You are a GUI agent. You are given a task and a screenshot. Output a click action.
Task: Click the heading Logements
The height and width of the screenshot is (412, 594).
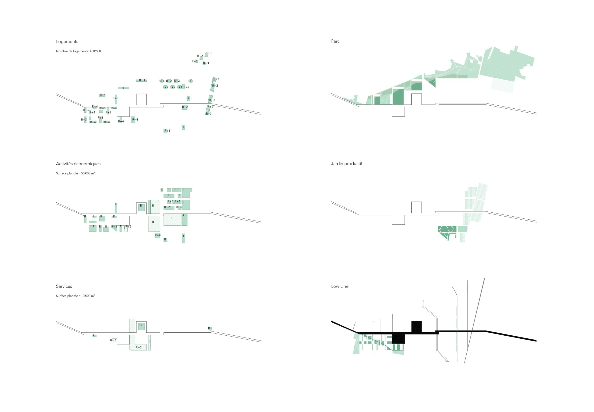click(67, 42)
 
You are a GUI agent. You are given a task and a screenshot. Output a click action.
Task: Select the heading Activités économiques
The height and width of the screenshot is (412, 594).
click(78, 164)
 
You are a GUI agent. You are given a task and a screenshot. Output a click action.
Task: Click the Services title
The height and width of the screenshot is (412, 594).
click(64, 286)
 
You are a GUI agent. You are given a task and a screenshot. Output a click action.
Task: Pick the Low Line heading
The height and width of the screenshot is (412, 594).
click(339, 286)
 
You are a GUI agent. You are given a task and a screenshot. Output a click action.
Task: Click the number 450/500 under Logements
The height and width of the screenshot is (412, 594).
click(95, 51)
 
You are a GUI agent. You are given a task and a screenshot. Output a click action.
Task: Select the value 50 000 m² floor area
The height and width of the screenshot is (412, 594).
click(88, 173)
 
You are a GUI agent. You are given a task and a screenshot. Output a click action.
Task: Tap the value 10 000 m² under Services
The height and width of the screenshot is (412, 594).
click(88, 296)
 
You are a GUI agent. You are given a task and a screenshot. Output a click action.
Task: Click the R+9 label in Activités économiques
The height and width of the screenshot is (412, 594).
click(157, 235)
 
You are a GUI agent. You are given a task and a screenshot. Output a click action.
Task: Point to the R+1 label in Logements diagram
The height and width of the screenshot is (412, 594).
click(179, 87)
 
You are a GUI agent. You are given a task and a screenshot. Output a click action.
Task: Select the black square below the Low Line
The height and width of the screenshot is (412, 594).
click(398, 339)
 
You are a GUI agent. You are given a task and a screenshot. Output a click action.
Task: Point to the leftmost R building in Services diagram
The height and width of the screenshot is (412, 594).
click(94, 336)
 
